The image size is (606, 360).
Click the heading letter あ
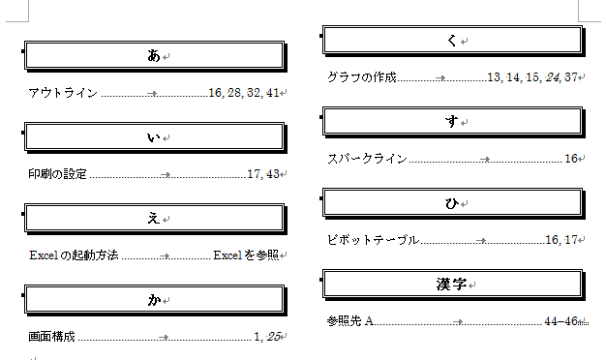(x=153, y=55)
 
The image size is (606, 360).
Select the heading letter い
(x=153, y=137)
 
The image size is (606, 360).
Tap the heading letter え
(x=153, y=219)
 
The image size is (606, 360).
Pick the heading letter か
(x=154, y=299)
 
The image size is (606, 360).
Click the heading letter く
(x=452, y=40)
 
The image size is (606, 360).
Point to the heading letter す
(x=451, y=121)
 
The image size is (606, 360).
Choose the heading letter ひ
(x=452, y=203)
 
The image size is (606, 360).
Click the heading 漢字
(x=451, y=284)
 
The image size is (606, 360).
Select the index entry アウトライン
(x=63, y=93)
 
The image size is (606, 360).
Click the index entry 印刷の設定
(x=57, y=174)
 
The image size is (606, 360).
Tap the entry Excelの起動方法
(x=74, y=255)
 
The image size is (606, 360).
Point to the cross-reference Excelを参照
(x=246, y=255)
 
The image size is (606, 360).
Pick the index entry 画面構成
(x=51, y=337)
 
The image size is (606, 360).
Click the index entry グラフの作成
(x=362, y=77)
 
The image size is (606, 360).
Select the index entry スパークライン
(x=367, y=159)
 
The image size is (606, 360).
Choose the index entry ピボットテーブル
(x=373, y=240)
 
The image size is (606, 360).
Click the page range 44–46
(x=561, y=321)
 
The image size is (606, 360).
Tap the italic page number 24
(x=552, y=77)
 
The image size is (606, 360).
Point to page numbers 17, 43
(x=263, y=174)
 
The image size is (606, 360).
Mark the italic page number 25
(x=273, y=337)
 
